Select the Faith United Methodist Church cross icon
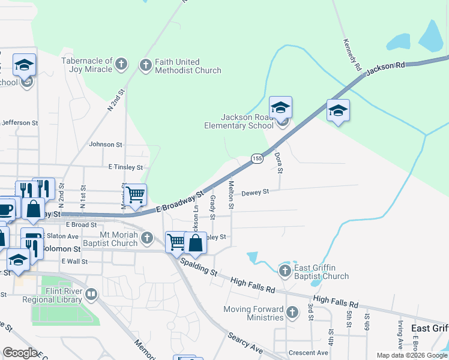145,65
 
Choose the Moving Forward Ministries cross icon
292,312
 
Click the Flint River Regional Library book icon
91,295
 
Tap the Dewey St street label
256,193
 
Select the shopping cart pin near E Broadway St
136,195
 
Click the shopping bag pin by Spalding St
195,244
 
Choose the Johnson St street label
106,145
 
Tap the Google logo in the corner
20,353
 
